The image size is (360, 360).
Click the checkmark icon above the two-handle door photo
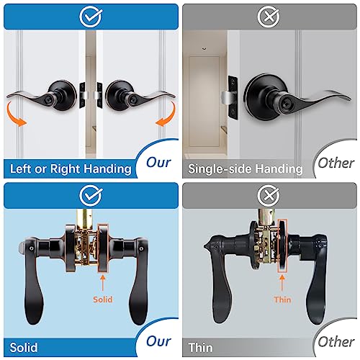[x=89, y=14]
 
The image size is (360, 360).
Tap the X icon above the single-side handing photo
[x=269, y=14]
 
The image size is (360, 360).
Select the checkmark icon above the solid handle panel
[x=89, y=192]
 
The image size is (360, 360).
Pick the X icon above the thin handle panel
[x=269, y=192]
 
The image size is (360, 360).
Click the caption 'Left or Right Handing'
[x=70, y=169]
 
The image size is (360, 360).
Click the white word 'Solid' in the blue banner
[x=25, y=347]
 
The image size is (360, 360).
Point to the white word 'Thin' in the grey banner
[x=202, y=347]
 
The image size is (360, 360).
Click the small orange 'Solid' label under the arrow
[x=103, y=298]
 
